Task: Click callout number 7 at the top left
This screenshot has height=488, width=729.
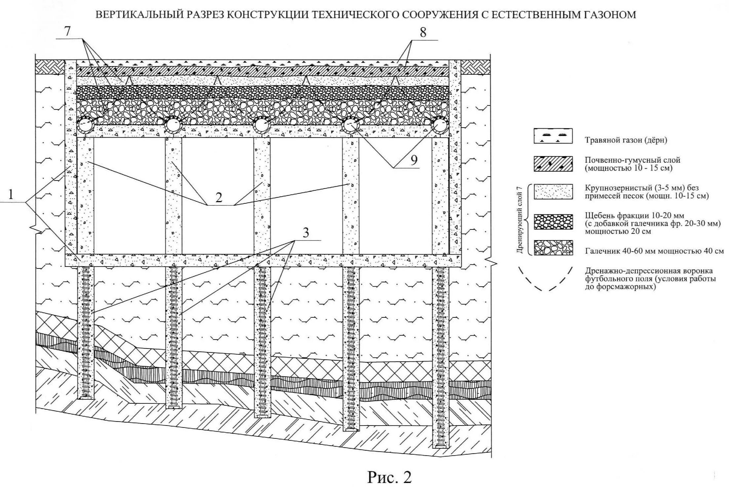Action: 67,31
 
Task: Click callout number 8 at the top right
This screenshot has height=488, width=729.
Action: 423,32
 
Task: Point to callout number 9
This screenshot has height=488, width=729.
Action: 414,160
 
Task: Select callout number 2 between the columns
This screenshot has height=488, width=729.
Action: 219,197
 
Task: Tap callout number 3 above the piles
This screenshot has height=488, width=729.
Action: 305,233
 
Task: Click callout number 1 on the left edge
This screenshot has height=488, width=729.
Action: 11,195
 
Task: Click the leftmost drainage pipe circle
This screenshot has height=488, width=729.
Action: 85,126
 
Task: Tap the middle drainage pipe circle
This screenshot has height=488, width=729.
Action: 262,126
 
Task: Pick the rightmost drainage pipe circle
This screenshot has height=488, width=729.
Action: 440,126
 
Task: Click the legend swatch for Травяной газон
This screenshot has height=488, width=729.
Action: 553,136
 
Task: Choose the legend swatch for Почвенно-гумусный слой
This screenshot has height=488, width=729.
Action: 553,164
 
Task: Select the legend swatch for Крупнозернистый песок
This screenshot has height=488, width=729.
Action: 553,192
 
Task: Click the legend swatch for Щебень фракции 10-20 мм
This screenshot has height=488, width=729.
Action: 553,222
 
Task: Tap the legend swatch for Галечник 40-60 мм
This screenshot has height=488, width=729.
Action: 553,247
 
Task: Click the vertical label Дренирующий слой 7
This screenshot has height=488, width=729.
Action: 519,220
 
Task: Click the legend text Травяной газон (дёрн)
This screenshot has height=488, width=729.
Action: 626,140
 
